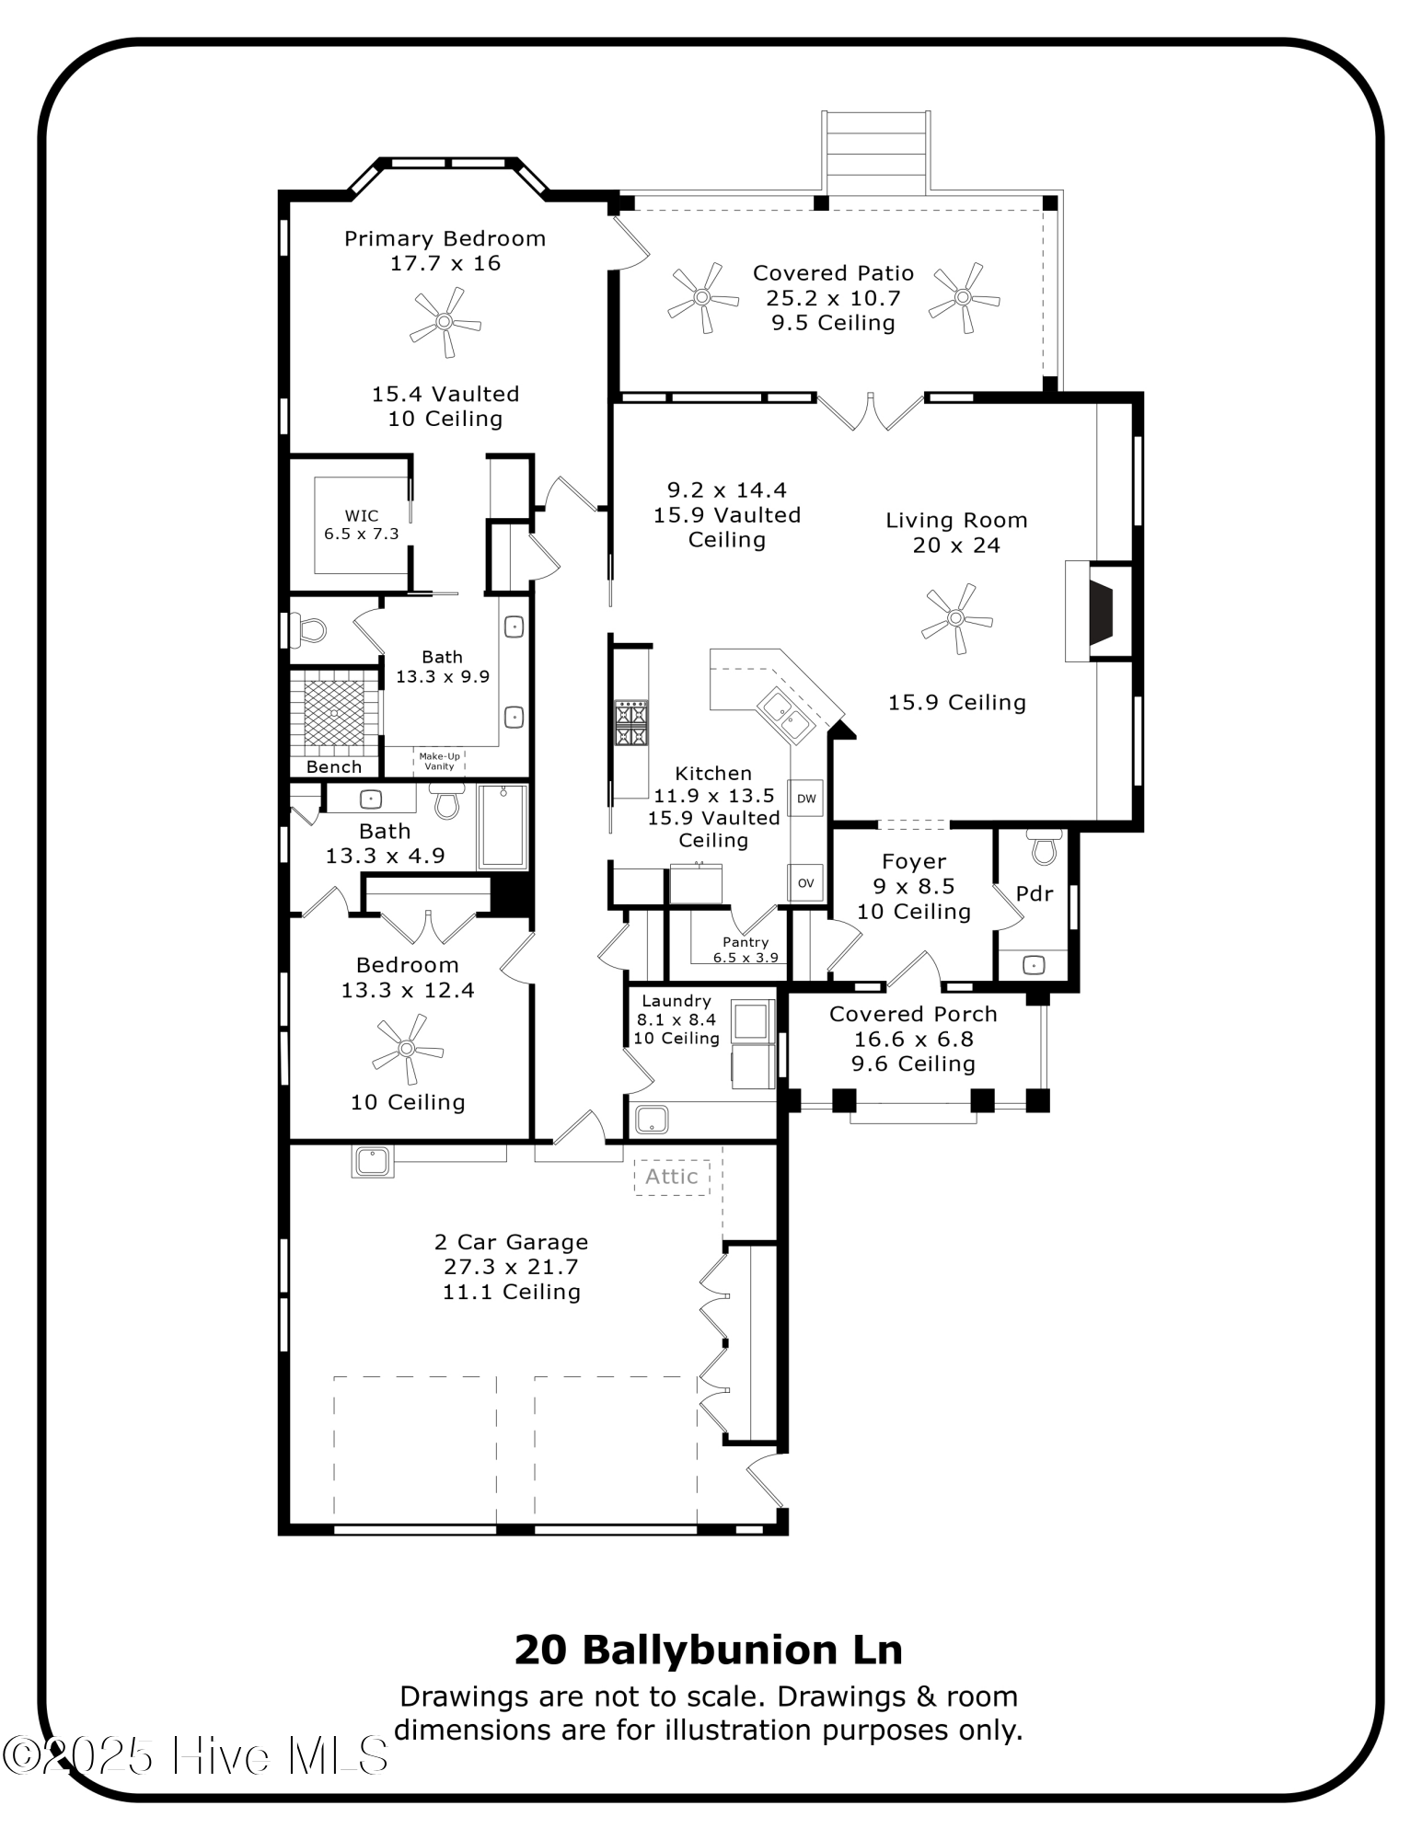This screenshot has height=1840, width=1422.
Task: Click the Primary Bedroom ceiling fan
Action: coord(445,322)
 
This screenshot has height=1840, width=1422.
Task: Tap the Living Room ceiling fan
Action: coord(956,618)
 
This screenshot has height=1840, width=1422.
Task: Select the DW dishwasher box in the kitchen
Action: coord(805,798)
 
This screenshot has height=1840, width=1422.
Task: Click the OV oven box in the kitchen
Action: coord(805,883)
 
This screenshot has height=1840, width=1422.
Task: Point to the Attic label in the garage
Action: coord(671,1177)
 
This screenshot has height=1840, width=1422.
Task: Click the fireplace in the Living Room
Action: coord(1099,612)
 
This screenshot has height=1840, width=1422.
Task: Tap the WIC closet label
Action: coord(361,524)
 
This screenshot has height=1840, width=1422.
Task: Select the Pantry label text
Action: coord(746,942)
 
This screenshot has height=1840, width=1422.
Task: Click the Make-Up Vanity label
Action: coord(439,761)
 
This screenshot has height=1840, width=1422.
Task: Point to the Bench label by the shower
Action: coord(333,767)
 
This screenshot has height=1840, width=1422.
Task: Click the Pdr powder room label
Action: coord(1035,893)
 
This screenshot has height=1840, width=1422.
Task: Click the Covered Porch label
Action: coord(913,1014)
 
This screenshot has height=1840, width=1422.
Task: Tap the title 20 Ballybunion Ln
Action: coord(709,1650)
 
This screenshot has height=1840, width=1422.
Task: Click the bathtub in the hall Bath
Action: coord(503,826)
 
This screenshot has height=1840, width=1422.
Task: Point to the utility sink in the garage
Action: coord(373,1160)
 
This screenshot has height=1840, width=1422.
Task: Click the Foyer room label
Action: coord(913,862)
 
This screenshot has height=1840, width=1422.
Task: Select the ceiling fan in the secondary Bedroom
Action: coord(407,1049)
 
